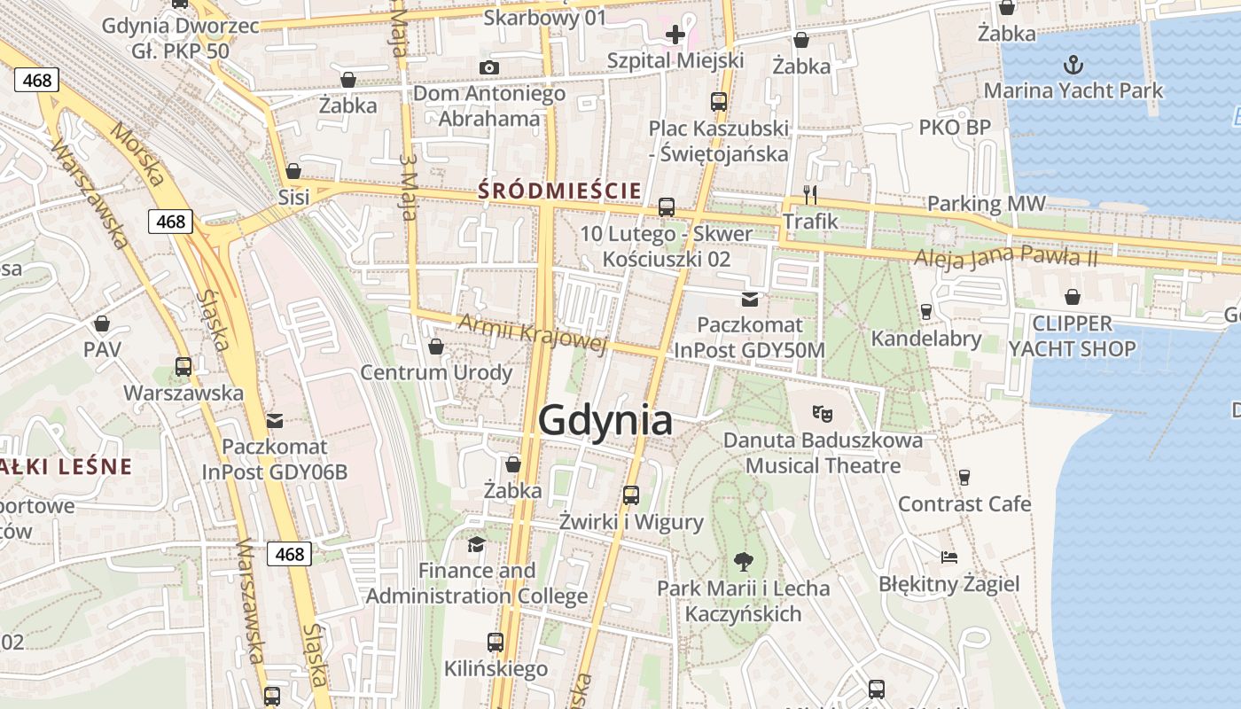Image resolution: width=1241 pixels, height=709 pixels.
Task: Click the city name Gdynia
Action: point(605,420)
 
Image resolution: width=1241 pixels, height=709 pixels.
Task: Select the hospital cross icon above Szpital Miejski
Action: point(675,35)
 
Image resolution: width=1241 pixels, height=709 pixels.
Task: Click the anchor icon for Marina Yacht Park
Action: point(1073,65)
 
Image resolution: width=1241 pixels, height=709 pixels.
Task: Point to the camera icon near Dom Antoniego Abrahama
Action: point(488,68)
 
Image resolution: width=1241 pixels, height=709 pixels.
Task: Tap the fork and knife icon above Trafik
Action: point(809,194)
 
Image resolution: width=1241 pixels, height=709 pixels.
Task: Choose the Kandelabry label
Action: point(925,339)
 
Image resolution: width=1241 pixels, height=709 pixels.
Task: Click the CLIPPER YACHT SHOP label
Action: point(1072,336)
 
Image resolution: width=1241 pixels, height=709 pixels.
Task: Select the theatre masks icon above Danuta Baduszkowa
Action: point(823,413)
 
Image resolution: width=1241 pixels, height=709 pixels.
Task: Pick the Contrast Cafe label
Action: point(964,504)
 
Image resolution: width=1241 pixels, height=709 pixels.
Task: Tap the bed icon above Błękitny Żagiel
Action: point(949,557)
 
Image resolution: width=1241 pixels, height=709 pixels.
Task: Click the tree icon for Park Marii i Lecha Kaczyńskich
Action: point(743,560)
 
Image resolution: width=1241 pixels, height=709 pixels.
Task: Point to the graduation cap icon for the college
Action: point(477,544)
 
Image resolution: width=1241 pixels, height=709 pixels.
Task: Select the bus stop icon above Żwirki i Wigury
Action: point(631,495)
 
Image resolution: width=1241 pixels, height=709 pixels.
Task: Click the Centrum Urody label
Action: point(436,372)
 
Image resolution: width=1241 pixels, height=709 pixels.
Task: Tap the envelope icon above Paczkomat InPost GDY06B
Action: point(275,420)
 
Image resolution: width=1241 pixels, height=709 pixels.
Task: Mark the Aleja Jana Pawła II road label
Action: point(1005,258)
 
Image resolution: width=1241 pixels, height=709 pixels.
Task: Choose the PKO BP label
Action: point(955,128)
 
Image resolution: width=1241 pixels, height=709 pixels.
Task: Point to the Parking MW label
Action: point(986,204)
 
